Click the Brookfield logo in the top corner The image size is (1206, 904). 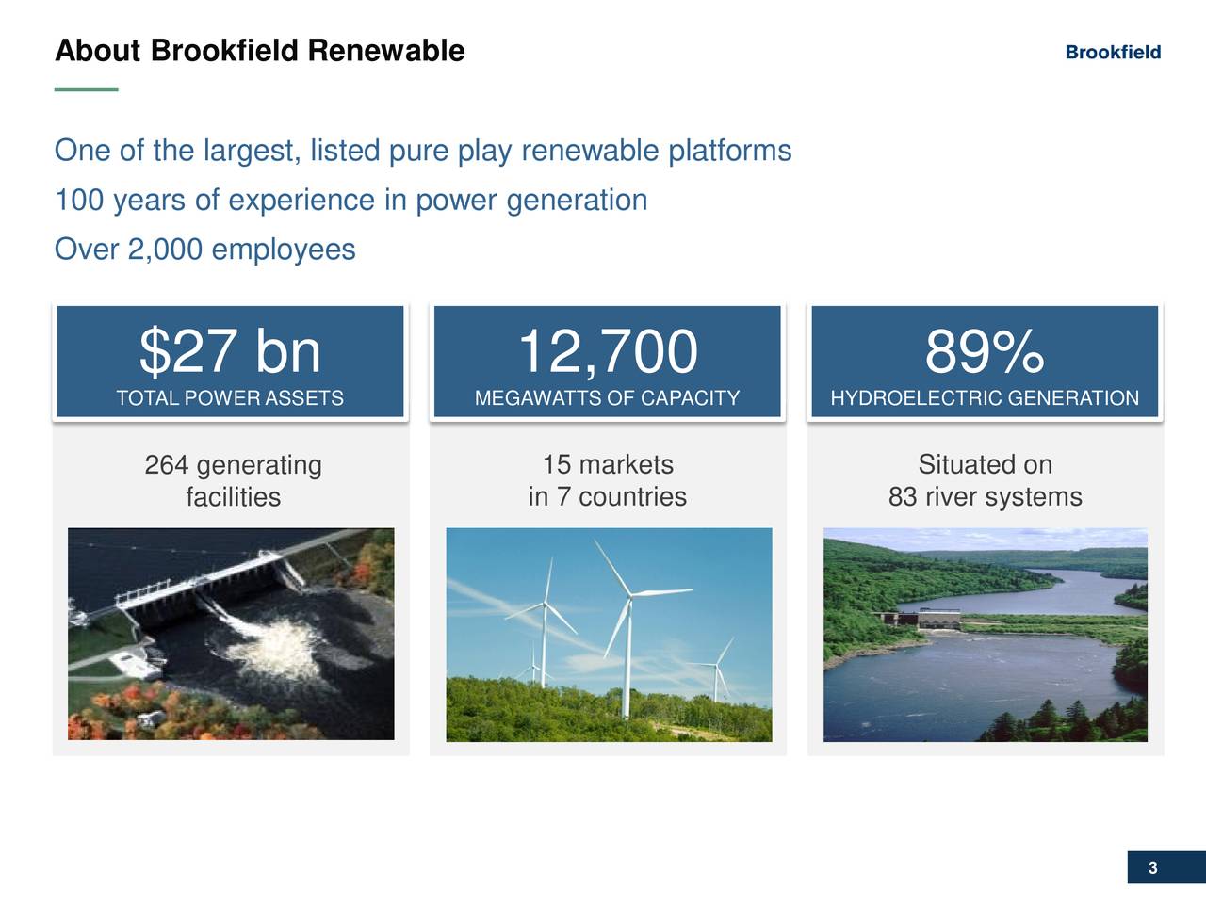pyautogui.click(x=1113, y=53)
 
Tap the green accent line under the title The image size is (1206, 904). pyautogui.click(x=86, y=89)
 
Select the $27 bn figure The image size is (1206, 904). pyautogui.click(x=230, y=351)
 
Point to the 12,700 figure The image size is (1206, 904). pyautogui.click(x=608, y=351)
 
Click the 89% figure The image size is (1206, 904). pyautogui.click(x=985, y=351)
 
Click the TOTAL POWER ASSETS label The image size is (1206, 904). pyautogui.click(x=230, y=398)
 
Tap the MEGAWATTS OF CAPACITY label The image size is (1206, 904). pyautogui.click(x=608, y=398)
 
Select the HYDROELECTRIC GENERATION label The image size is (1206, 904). pyautogui.click(x=985, y=398)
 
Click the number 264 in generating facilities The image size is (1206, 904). pyautogui.click(x=167, y=465)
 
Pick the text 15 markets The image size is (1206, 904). pyautogui.click(x=608, y=465)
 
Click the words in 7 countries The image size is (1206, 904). pyautogui.click(x=608, y=497)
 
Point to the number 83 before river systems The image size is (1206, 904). pyautogui.click(x=903, y=497)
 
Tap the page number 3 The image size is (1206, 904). pyautogui.click(x=1152, y=868)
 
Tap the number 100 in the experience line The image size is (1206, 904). pyautogui.click(x=79, y=201)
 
